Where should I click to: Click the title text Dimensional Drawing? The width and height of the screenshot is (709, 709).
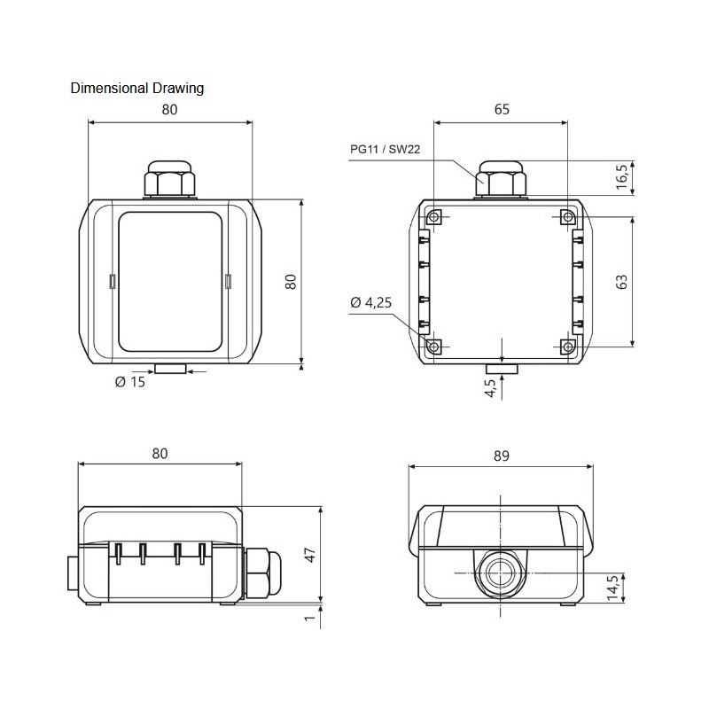(137, 88)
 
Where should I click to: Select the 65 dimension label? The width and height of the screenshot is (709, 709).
(502, 110)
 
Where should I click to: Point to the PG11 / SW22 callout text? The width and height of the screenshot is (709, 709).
(385, 151)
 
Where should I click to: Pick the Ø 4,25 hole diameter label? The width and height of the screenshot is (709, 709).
(371, 303)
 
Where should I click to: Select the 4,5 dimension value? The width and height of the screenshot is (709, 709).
(490, 388)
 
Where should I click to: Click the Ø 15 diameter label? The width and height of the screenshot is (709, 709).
(129, 383)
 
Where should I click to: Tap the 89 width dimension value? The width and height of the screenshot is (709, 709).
(501, 456)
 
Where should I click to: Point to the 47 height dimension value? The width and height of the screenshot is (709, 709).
(309, 556)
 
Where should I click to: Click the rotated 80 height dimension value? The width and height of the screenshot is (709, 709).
(289, 282)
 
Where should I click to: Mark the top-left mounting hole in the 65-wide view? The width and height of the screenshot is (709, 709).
(434, 218)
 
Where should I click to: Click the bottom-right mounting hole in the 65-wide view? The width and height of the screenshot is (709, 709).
(568, 347)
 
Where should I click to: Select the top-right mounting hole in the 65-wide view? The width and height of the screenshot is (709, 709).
(568, 218)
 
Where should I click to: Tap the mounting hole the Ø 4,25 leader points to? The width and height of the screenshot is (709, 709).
(434, 347)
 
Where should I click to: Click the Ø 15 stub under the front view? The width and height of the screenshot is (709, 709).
(170, 367)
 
